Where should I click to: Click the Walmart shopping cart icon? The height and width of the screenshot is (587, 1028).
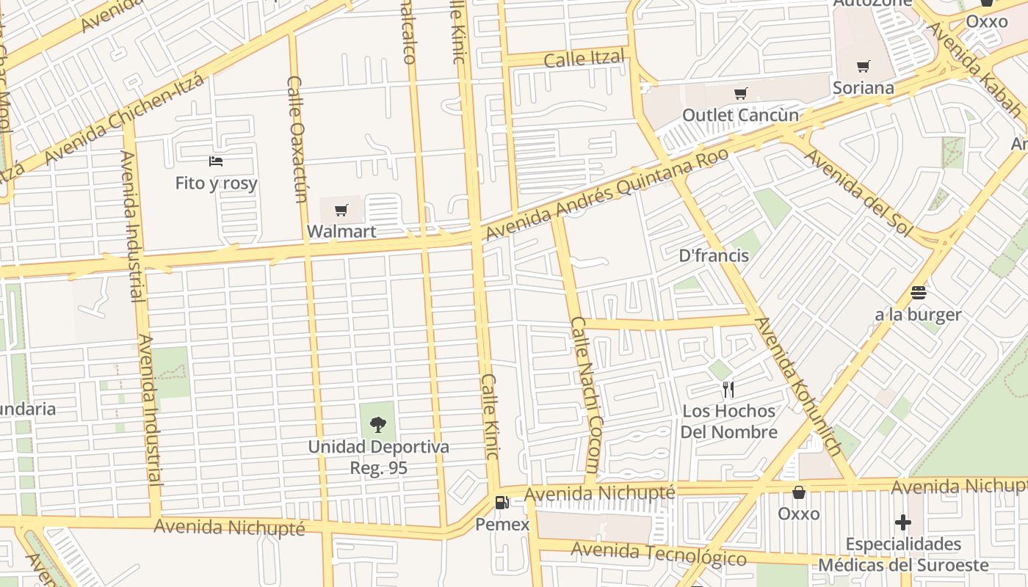[341, 211]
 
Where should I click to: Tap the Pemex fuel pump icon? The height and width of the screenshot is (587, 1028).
[502, 503]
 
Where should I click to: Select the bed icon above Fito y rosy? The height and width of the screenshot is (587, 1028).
[216, 161]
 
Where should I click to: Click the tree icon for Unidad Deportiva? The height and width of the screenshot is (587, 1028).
[378, 424]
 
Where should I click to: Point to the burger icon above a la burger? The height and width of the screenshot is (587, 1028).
[918, 293]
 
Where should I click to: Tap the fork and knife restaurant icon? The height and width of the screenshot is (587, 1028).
[728, 389]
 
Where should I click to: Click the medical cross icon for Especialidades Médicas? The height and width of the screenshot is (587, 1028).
[903, 522]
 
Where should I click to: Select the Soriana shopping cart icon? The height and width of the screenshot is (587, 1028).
[864, 67]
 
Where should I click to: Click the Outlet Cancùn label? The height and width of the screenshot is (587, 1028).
[740, 115]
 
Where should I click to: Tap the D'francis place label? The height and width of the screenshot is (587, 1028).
[714, 255]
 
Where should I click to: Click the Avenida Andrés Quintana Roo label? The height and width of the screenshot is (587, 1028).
[607, 194]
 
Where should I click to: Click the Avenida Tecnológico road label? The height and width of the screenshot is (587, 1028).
[658, 553]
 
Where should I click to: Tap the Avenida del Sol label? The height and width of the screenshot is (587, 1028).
[857, 193]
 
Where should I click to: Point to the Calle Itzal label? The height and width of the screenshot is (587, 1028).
[584, 59]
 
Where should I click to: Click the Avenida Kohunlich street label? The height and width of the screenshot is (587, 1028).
[799, 387]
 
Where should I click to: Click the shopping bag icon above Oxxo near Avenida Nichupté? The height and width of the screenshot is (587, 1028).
[798, 492]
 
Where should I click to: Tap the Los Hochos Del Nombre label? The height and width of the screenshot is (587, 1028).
[728, 421]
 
